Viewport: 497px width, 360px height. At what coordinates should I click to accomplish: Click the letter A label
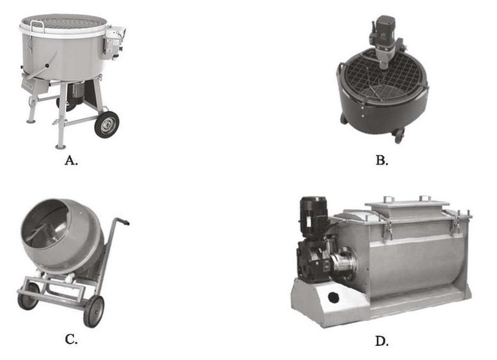click(x=71, y=160)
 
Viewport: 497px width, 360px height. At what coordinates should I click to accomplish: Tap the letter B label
click(x=382, y=160)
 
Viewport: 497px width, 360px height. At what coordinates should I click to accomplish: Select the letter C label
click(x=71, y=340)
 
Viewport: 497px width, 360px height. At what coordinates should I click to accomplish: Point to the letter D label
click(x=382, y=341)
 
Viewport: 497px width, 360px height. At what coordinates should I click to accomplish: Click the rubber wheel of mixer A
click(x=107, y=124)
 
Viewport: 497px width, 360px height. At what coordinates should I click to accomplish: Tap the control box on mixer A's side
click(x=114, y=42)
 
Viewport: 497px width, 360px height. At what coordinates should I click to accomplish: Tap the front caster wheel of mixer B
click(x=398, y=136)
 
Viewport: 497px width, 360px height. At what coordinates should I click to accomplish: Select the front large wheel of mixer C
click(x=94, y=311)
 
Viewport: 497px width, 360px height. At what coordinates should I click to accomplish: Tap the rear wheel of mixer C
click(x=28, y=296)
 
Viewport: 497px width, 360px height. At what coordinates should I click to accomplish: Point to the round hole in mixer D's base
click(x=333, y=297)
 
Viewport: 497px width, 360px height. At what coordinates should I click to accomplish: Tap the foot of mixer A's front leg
click(x=60, y=146)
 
